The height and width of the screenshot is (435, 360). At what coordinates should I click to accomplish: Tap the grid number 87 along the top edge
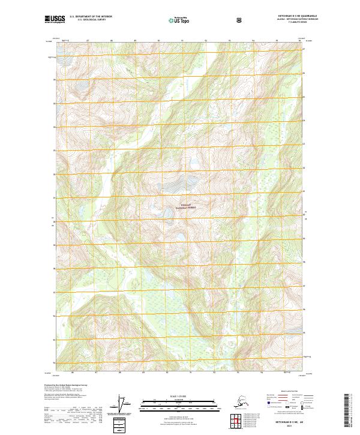pyautogui.click(x=88, y=41)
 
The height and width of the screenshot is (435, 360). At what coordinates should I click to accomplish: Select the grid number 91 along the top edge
pyautogui.click(x=182, y=41)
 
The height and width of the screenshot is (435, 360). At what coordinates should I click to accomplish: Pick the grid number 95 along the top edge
pyautogui.click(x=277, y=41)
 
